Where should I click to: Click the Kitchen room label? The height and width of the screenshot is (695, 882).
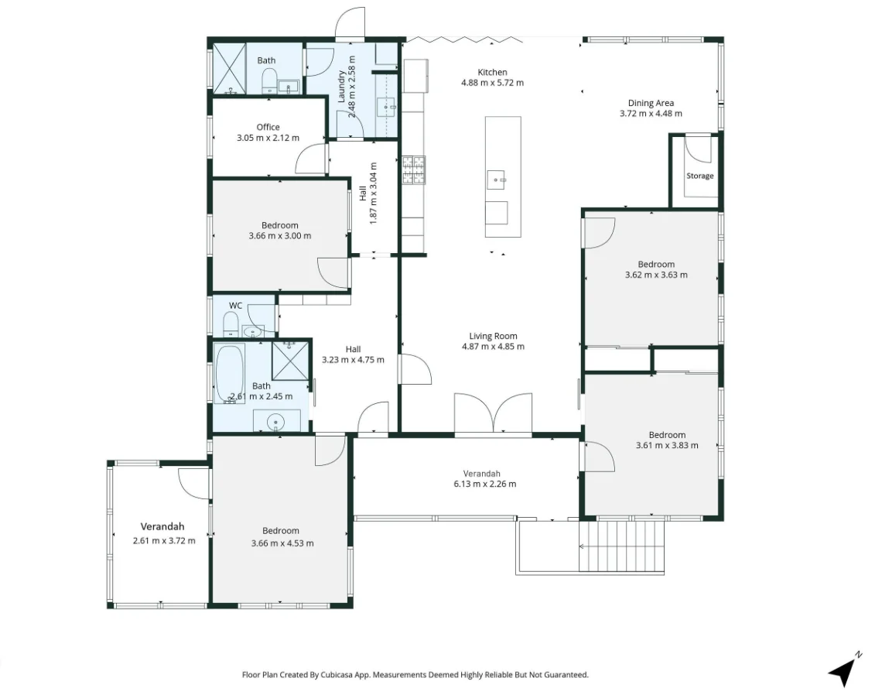(492, 72)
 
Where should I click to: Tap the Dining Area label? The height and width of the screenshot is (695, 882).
(650, 103)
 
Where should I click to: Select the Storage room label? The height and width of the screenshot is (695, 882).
(699, 176)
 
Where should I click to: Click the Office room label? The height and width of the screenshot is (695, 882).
(268, 127)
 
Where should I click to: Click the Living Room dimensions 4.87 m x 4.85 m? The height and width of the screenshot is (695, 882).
(492, 347)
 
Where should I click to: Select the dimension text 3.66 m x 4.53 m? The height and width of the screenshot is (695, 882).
(282, 543)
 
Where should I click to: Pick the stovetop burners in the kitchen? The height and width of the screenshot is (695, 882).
(412, 169)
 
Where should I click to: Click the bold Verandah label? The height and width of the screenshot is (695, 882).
(162, 527)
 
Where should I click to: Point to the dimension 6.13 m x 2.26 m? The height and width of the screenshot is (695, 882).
(481, 484)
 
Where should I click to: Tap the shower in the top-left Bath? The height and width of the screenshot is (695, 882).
(228, 69)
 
